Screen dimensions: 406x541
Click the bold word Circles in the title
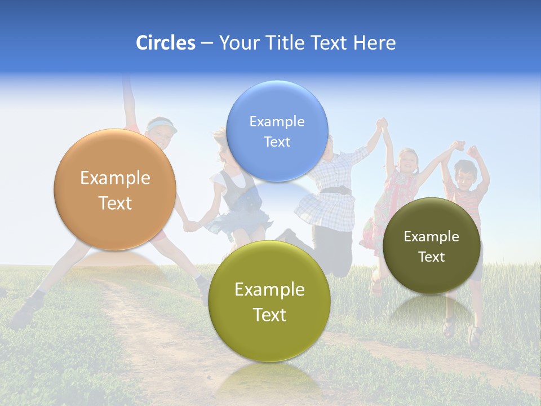click(x=165, y=43)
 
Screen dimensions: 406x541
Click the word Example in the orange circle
click(x=115, y=178)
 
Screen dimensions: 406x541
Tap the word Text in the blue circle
click(x=277, y=142)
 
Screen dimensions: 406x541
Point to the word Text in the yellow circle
click(x=269, y=315)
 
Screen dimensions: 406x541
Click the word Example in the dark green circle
click(x=432, y=237)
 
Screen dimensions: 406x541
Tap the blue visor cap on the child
click(x=162, y=125)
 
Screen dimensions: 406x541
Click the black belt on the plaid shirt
click(x=336, y=191)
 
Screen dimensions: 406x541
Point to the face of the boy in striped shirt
click(x=465, y=174)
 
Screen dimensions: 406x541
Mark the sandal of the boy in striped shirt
click(x=475, y=338)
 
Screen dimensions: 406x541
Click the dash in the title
click(x=207, y=43)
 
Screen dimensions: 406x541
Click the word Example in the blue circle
click(x=277, y=122)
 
